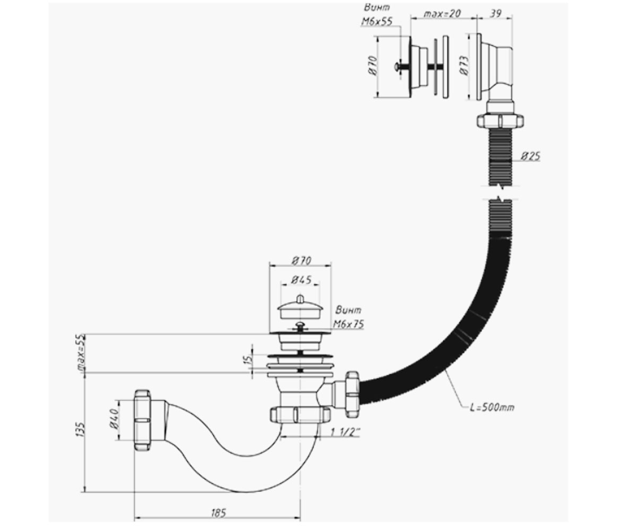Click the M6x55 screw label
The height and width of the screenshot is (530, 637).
click(377, 21)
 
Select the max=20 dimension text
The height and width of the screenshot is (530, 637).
click(442, 13)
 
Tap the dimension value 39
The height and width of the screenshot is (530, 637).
click(496, 13)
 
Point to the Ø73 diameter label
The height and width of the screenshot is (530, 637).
click(464, 65)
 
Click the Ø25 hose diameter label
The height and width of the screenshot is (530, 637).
click(530, 156)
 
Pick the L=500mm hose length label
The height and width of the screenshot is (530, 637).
click(492, 407)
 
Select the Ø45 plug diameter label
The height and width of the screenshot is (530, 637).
click(302, 280)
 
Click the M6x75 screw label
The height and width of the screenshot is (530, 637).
click(348, 324)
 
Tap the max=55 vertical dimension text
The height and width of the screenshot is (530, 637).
click(81, 352)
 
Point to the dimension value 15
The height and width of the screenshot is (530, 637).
click(249, 359)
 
